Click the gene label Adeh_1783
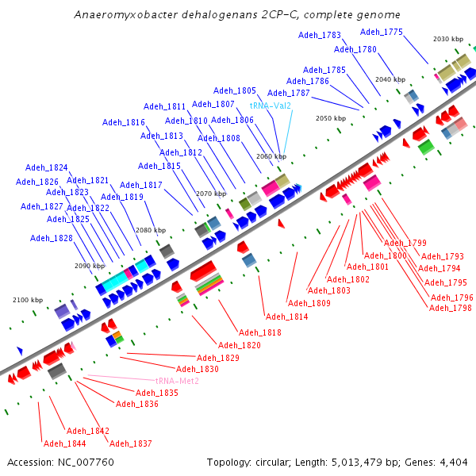[320, 35]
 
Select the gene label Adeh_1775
[382, 32]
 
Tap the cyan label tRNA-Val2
[271, 106]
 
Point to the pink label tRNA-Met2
[177, 381]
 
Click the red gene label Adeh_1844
[64, 443]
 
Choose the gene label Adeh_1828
[51, 238]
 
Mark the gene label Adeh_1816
[124, 122]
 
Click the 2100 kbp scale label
[28, 300]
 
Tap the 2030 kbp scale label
[448, 40]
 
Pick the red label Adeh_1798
[450, 307]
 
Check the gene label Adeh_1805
[236, 91]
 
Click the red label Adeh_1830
[198, 369]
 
